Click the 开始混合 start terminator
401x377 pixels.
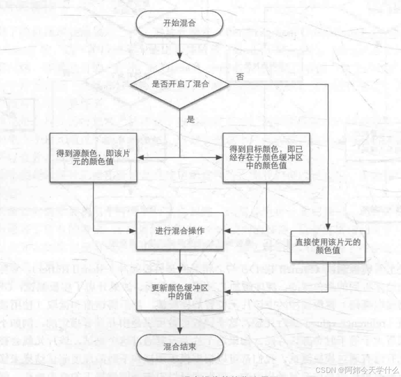(179, 23)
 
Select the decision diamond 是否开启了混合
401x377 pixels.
(179, 85)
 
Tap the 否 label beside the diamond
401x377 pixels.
(240, 77)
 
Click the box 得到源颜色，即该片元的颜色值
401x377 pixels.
(93, 158)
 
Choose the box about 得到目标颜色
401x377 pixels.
(266, 158)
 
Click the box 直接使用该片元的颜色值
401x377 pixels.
(328, 246)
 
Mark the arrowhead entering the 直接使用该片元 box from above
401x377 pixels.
(328, 227)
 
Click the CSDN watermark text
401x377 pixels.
(357, 370)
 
